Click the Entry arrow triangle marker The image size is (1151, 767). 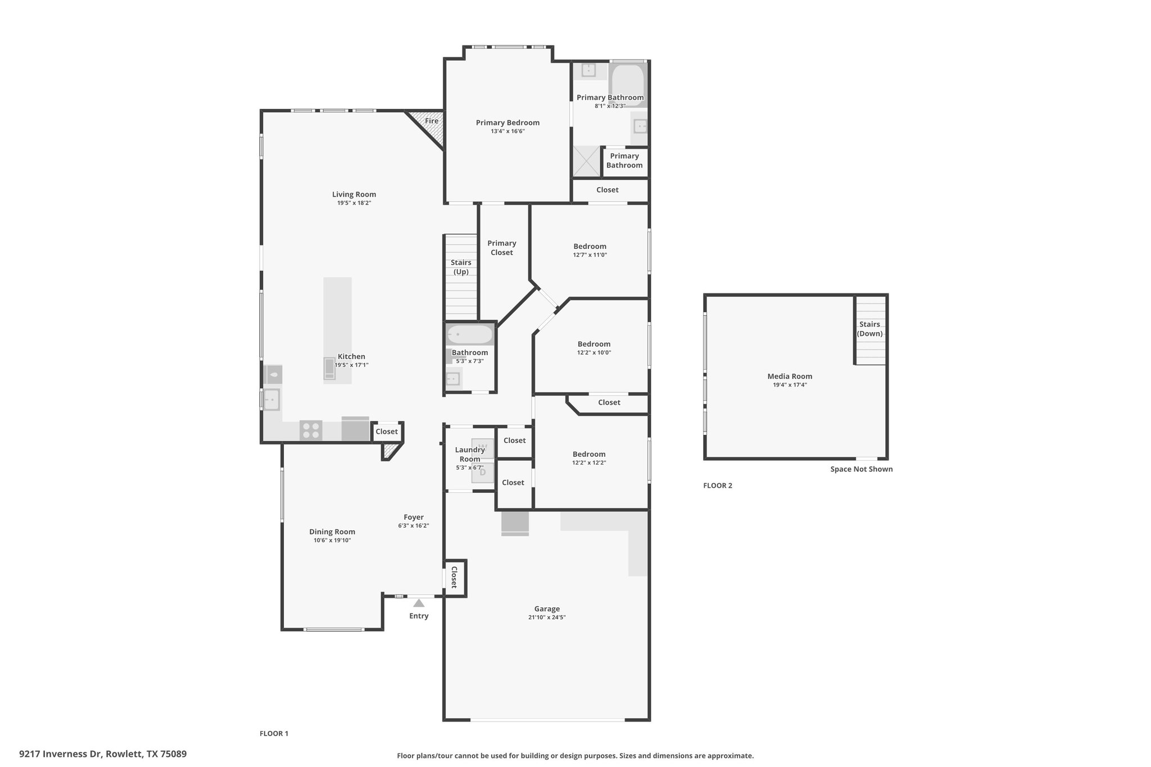(419, 603)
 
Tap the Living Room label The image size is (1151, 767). (354, 194)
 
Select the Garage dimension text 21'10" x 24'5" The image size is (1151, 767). (547, 617)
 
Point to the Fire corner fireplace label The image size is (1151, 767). (432, 121)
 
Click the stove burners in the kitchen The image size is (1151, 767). (311, 430)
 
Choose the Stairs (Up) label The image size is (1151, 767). (461, 267)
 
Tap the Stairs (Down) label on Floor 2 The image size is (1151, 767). (869, 329)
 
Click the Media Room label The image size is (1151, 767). (790, 376)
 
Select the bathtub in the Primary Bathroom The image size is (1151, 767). (628, 85)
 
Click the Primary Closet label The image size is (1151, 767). (502, 248)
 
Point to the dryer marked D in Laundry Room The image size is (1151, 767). (482, 473)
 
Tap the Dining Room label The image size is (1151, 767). (332, 532)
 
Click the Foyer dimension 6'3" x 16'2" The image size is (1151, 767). (414, 526)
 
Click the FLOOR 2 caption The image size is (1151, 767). (718, 485)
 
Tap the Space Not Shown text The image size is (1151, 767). (862, 469)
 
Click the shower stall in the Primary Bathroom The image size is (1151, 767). (586, 161)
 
